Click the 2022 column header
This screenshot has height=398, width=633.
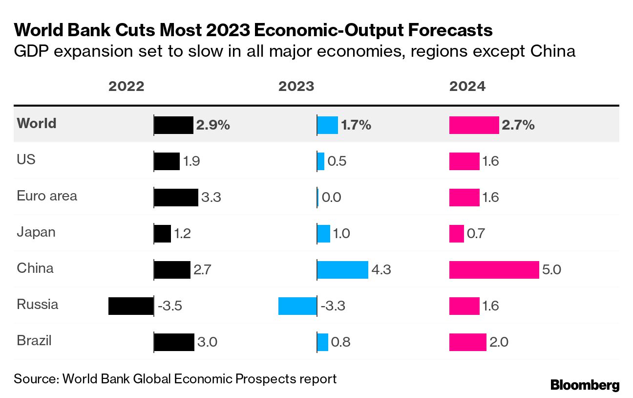coord(126,87)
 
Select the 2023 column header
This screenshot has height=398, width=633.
coord(296,87)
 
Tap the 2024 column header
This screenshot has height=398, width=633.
coord(467,87)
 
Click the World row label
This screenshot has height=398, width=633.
coord(37,123)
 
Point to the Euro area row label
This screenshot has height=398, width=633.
coord(47,196)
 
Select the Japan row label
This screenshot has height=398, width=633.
coord(36,232)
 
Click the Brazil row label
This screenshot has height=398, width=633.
coord(34,341)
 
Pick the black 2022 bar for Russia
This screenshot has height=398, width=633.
coord(131,306)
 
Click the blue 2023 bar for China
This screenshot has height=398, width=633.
coord(342,269)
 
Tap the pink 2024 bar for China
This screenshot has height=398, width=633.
coord(494,269)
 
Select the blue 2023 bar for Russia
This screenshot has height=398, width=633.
coord(297,306)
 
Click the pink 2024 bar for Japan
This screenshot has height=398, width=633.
coord(457,233)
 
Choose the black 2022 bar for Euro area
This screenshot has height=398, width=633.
coord(176,197)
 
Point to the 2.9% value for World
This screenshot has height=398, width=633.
coord(213,125)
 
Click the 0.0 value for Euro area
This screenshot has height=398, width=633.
coord(332,198)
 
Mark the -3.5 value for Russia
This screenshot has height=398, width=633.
coord(170,306)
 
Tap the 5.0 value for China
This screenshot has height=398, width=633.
coord(552,270)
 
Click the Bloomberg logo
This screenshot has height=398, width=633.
coord(585,385)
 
